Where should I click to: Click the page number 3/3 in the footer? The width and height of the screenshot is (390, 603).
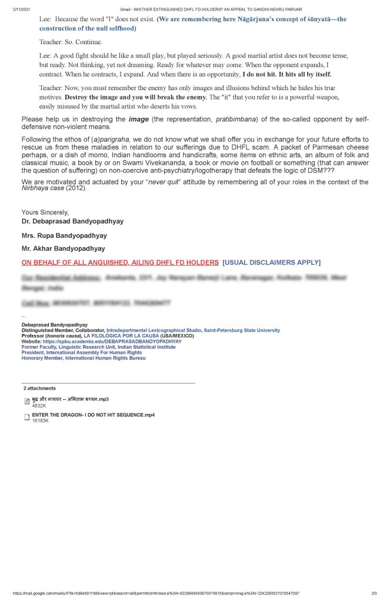coord(374,593)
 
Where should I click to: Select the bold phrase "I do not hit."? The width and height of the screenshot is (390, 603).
coord(263,74)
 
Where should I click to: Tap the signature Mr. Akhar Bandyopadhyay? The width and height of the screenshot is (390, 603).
coord(64,249)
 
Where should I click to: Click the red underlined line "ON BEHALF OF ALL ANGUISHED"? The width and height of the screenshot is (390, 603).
coord(120,262)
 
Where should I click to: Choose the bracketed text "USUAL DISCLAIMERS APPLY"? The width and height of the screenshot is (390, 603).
coord(272,262)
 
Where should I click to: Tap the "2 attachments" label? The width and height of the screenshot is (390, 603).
coord(39,389)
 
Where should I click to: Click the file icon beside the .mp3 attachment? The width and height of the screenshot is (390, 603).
coord(26,401)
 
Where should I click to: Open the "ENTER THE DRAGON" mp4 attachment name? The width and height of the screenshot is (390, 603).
coord(94,415)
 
